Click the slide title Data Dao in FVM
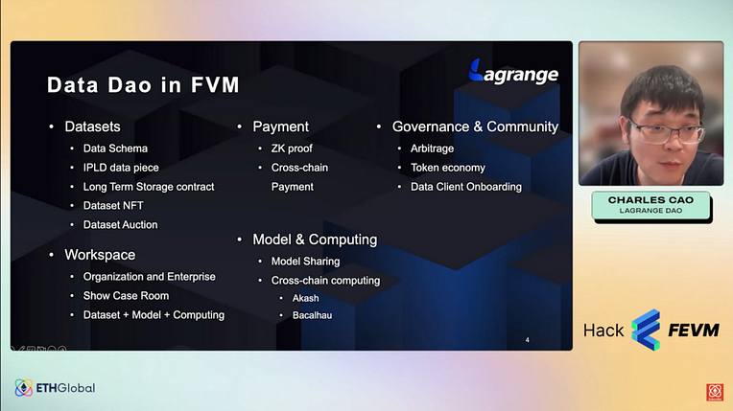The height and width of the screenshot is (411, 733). pyautogui.click(x=143, y=85)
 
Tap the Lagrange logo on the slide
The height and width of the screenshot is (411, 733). pyautogui.click(x=513, y=73)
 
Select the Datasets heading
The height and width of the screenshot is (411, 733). pyautogui.click(x=92, y=126)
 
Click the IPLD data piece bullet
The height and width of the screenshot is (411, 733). pyautogui.click(x=121, y=168)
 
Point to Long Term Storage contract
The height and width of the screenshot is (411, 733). pyautogui.click(x=149, y=187)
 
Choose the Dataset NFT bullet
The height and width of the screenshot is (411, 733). pyautogui.click(x=113, y=205)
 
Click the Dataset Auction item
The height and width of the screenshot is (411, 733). pyautogui.click(x=121, y=224)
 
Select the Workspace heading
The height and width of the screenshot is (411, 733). pyautogui.click(x=100, y=255)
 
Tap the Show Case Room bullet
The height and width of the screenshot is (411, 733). pyautogui.click(x=127, y=296)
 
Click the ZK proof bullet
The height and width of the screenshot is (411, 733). pyautogui.click(x=292, y=148)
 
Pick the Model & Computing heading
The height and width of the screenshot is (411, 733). pyautogui.click(x=315, y=240)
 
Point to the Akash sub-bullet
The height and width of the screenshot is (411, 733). pyautogui.click(x=306, y=298)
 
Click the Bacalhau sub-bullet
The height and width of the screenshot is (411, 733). pyautogui.click(x=312, y=315)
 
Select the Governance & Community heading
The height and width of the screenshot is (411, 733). pyautogui.click(x=476, y=126)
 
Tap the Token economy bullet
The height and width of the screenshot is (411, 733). pyautogui.click(x=448, y=168)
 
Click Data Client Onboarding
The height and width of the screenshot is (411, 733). pyautogui.click(x=466, y=187)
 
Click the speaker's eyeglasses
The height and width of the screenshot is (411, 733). pyautogui.click(x=667, y=130)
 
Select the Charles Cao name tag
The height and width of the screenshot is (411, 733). pyautogui.click(x=650, y=205)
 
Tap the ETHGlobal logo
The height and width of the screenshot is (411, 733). pyautogui.click(x=55, y=388)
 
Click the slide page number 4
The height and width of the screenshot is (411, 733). pyautogui.click(x=528, y=340)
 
